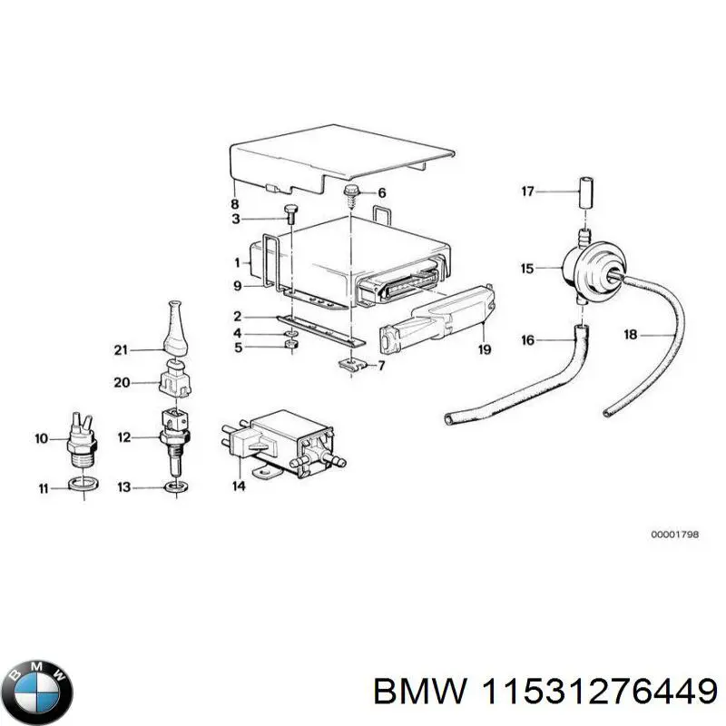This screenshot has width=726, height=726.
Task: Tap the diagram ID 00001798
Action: click(674, 535)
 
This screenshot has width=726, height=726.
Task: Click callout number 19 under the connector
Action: click(485, 350)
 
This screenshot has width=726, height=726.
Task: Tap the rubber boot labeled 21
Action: click(177, 324)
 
